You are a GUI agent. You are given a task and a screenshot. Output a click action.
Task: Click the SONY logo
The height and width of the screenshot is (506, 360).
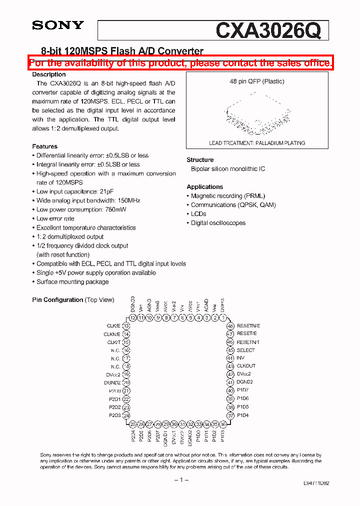coord(58,25)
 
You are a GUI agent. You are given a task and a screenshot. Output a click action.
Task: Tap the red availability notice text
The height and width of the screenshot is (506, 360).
coord(180,63)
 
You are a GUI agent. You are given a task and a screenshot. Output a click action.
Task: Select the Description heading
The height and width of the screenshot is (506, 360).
coord(49,74)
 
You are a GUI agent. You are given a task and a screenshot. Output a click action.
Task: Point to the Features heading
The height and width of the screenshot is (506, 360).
coord(45,146)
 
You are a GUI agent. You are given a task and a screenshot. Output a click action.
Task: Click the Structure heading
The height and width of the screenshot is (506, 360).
coord(200,160)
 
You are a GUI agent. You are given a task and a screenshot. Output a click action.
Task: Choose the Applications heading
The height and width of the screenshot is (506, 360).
coord(205,186)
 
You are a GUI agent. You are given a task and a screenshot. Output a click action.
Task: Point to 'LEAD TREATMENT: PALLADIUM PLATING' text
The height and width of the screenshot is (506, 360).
coord(257,143)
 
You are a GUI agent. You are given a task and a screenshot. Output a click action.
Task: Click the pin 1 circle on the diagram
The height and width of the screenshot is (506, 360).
coord(222,317)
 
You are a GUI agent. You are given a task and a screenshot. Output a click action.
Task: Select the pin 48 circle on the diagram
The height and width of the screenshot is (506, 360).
coord(230,326)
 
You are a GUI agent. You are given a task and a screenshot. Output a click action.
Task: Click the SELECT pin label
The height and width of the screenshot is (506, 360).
coord(245,350)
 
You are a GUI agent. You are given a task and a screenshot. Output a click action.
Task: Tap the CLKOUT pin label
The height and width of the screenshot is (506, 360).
coord(246,366)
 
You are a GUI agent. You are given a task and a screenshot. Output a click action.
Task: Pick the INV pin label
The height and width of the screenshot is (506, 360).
coord(240,358)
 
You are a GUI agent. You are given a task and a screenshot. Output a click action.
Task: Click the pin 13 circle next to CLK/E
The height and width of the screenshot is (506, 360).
coord(126,326)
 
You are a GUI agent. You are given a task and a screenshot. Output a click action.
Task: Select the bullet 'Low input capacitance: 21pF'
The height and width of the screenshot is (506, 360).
coord(67,191)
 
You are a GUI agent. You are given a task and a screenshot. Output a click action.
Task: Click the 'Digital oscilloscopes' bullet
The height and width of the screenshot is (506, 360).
coord(218,223)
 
